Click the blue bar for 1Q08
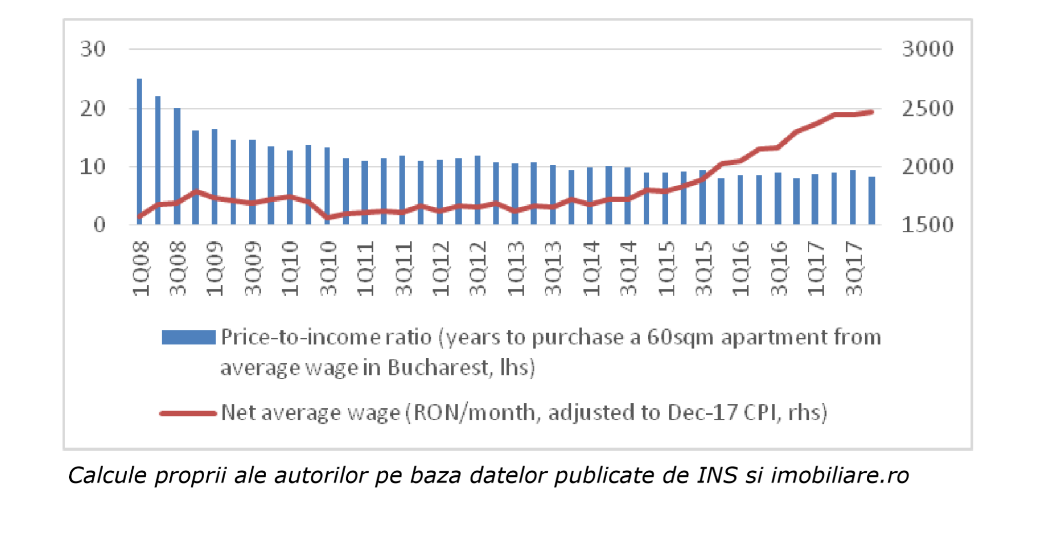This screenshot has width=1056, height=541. [140, 151]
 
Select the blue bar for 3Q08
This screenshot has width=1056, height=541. [177, 166]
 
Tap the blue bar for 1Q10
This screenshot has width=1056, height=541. [290, 187]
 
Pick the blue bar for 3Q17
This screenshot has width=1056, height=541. [853, 198]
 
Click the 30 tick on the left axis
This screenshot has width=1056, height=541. [93, 49]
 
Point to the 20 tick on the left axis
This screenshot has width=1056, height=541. [93, 109]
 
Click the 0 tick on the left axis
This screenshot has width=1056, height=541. [99, 225]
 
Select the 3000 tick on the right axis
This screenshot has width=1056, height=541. [927, 49]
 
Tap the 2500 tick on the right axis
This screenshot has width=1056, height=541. [927, 109]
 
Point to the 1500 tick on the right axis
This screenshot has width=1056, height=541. [927, 225]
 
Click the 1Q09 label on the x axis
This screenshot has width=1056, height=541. [215, 268]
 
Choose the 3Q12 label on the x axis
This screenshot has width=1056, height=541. [478, 268]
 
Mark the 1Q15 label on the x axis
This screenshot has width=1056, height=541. [666, 268]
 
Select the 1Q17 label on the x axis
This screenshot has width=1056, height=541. [816, 268]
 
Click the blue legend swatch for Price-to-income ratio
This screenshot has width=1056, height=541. [188, 337]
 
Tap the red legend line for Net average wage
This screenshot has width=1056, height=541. [188, 413]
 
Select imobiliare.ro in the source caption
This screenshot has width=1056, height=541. [840, 475]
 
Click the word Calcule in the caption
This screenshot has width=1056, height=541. [108, 475]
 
